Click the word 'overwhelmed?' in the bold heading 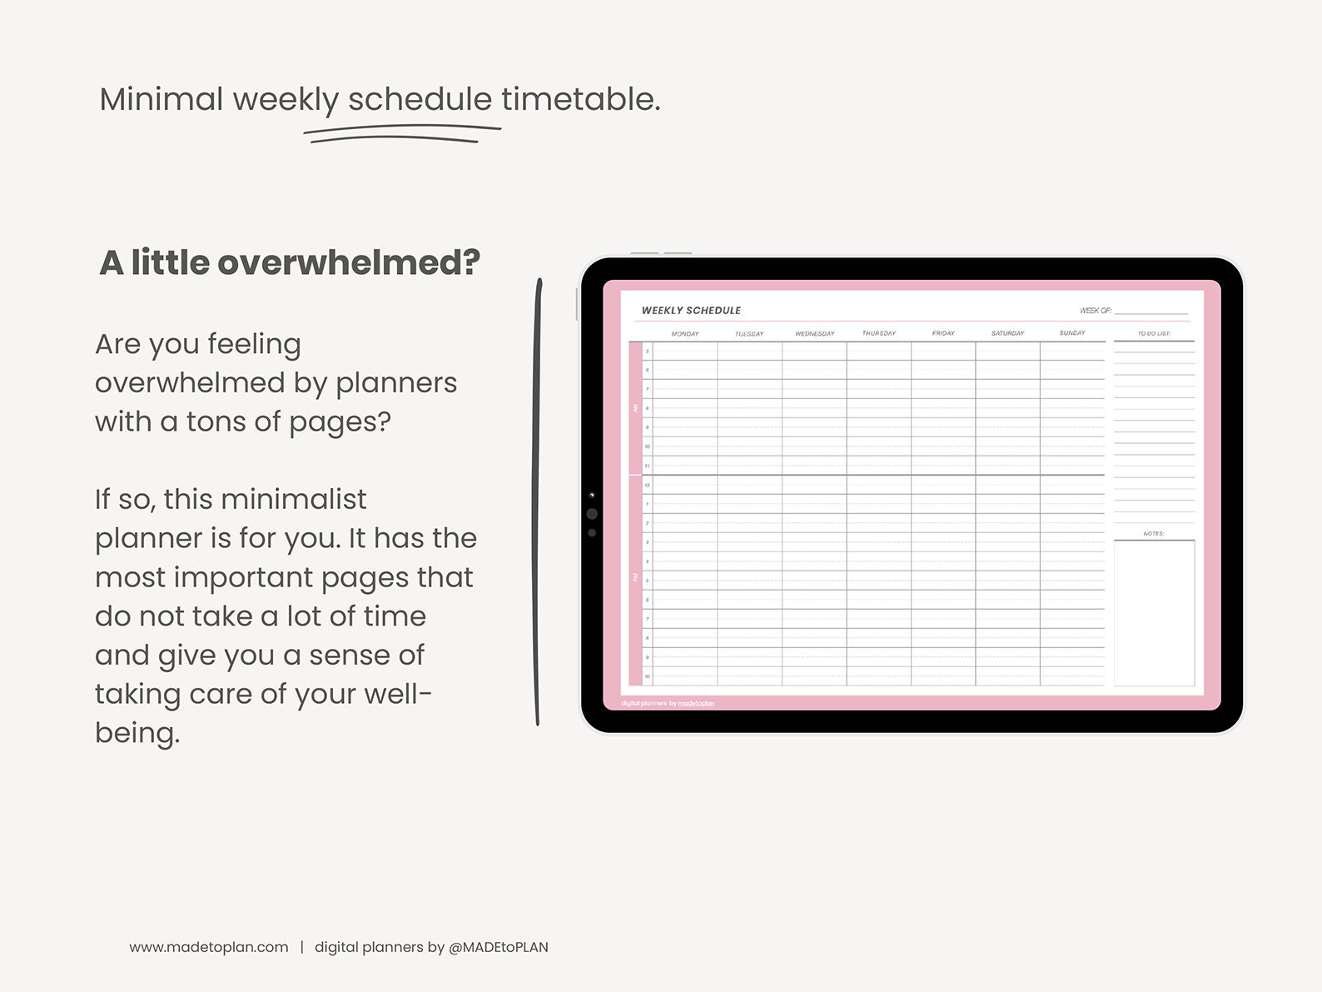tap(349, 263)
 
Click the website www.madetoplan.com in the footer tap(209, 947)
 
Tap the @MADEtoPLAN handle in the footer tap(498, 947)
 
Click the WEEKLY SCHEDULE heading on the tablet tap(691, 311)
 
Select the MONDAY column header tap(685, 334)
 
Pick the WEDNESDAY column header tap(814, 334)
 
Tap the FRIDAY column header tap(943, 333)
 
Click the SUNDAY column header tap(1072, 333)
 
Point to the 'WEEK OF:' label tap(1095, 311)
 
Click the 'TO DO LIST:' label tap(1154, 333)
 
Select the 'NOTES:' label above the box tap(1154, 533)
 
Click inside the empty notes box tap(1154, 612)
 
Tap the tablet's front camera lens tap(592, 514)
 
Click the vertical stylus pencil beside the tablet tap(538, 500)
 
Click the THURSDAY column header tap(879, 333)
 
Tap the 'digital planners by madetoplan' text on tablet tap(668, 704)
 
